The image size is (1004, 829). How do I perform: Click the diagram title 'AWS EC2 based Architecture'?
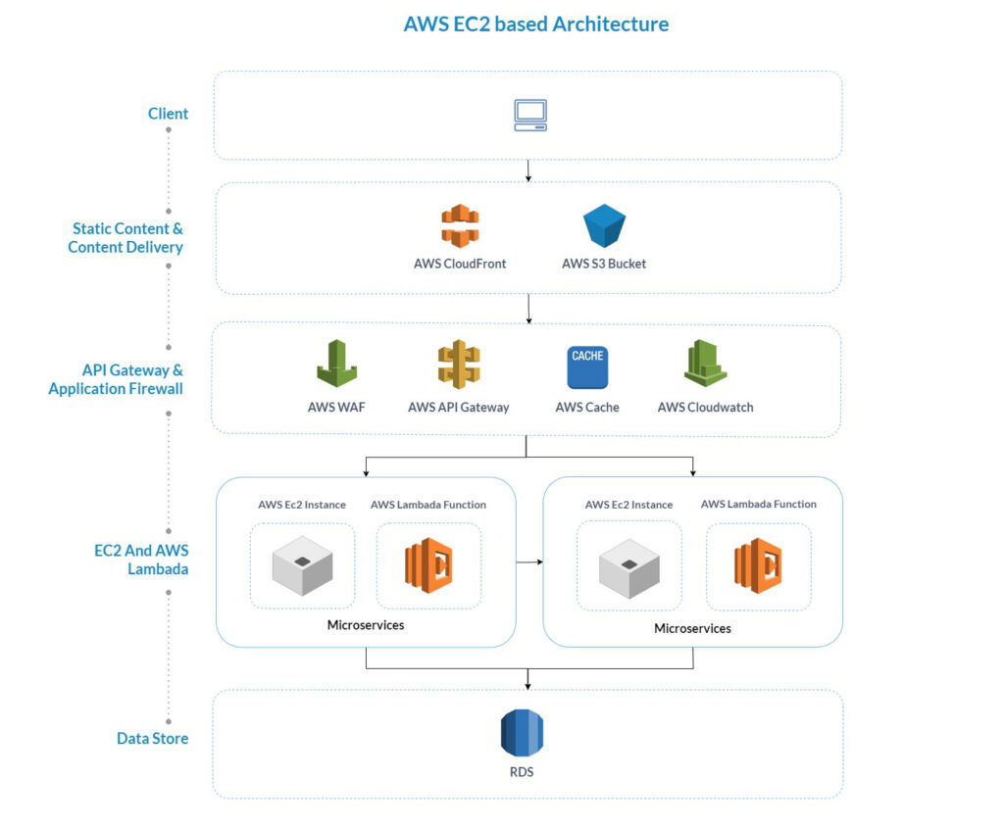(535, 24)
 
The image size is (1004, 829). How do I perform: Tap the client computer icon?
(530, 115)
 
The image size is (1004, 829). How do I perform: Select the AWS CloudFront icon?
(459, 226)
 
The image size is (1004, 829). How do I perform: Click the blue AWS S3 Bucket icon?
(604, 226)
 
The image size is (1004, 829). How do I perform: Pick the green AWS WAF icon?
(336, 364)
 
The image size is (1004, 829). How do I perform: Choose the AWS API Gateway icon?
(458, 365)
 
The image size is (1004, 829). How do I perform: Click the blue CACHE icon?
(587, 366)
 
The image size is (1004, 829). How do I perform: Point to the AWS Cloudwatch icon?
(705, 364)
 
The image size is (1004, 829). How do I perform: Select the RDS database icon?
(522, 734)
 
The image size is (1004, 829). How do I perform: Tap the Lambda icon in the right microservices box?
(758, 565)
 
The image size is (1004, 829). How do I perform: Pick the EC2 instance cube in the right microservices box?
(628, 566)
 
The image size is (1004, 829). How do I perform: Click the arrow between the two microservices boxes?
(529, 562)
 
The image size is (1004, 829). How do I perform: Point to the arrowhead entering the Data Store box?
(528, 684)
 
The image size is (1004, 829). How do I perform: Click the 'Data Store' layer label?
(152, 738)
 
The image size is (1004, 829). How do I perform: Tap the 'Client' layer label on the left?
(168, 114)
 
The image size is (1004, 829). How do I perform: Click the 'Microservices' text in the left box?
(365, 625)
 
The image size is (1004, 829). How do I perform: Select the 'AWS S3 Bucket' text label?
(604, 264)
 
